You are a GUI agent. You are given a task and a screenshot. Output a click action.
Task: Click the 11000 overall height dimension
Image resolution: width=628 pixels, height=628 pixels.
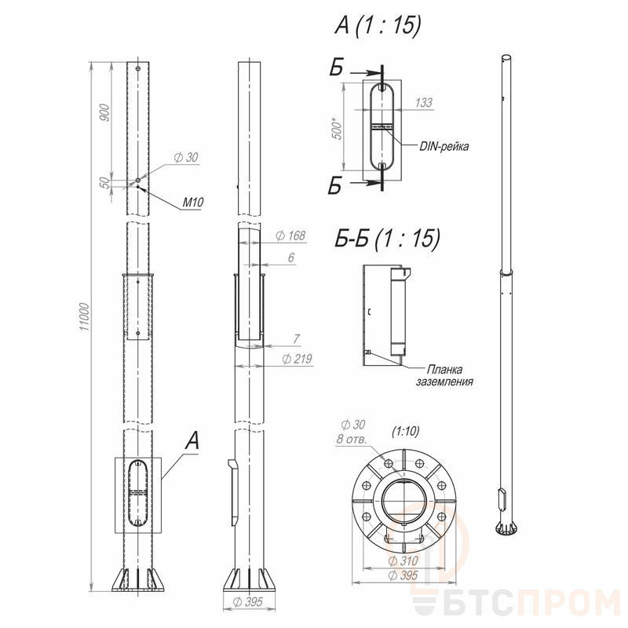click(85, 316)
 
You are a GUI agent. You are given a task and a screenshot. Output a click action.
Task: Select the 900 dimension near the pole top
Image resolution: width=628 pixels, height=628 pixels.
click(104, 112)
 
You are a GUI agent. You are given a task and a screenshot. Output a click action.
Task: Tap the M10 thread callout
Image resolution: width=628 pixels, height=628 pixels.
click(193, 203)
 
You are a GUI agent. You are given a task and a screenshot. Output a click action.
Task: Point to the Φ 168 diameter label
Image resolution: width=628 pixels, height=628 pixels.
click(290, 235)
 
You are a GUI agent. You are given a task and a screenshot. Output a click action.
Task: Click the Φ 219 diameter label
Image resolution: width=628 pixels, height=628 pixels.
click(297, 359)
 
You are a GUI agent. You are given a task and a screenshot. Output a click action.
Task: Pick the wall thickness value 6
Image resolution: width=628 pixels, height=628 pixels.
click(291, 257)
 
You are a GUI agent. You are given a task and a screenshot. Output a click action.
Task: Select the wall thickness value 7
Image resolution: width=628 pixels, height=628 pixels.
click(297, 339)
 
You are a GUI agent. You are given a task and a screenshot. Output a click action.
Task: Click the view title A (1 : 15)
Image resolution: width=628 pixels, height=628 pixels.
click(378, 26)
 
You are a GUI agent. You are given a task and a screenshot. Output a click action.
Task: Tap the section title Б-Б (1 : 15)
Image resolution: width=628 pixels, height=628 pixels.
click(387, 239)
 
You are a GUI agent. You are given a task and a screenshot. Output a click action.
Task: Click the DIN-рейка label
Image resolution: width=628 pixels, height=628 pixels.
click(444, 146)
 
